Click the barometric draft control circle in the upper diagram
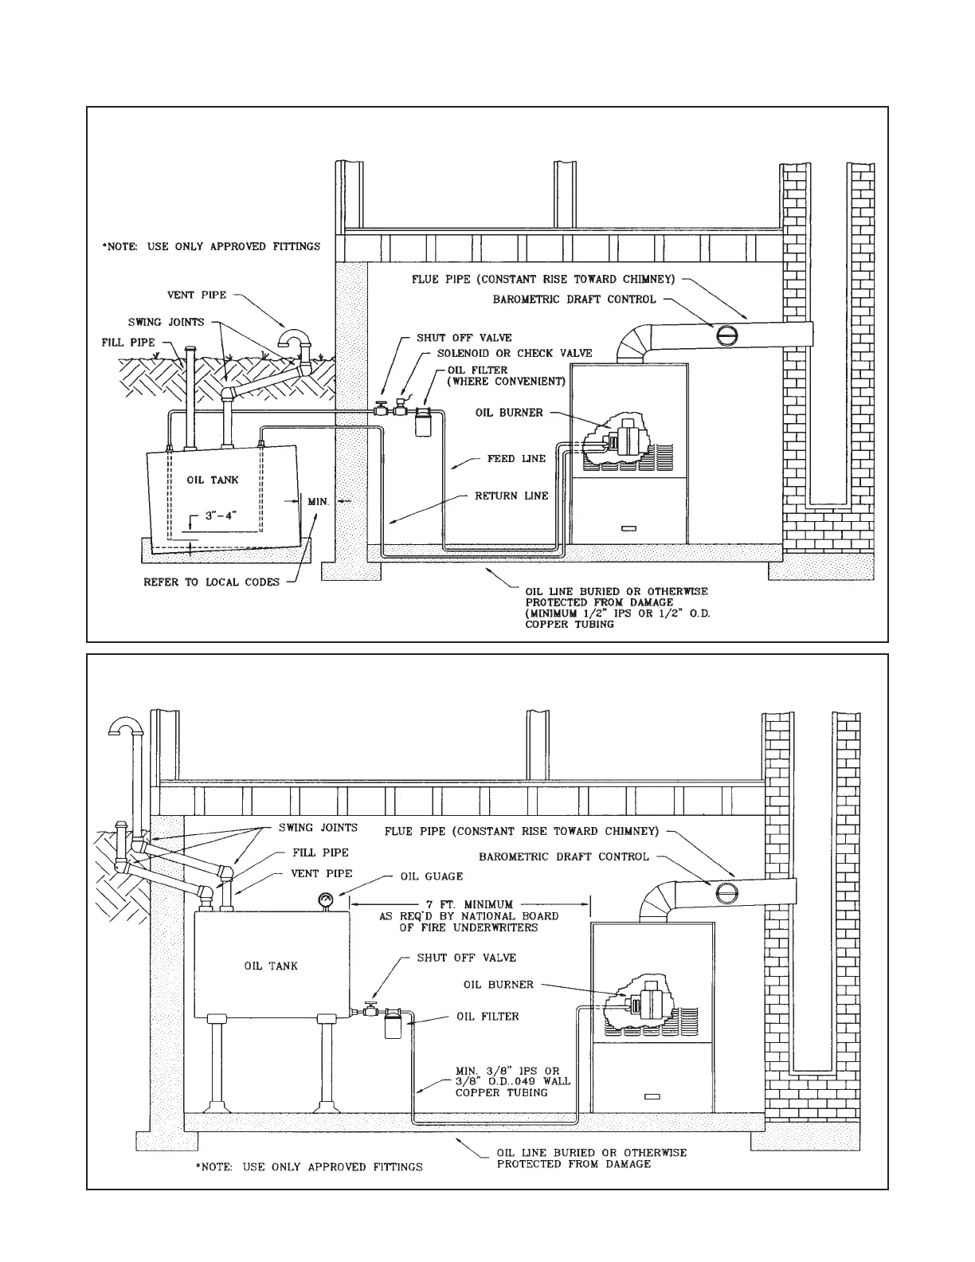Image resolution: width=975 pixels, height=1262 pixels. pos(725,334)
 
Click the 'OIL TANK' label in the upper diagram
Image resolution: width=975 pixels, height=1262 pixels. pos(213,480)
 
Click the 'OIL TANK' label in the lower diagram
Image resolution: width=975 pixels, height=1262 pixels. pos(271,966)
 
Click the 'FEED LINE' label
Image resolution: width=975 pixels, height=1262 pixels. pos(517,459)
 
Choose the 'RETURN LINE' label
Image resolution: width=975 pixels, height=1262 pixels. pos(511,496)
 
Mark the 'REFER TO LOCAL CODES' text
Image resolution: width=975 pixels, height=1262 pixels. pos(212,582)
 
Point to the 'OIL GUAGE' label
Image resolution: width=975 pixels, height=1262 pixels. pos(431,876)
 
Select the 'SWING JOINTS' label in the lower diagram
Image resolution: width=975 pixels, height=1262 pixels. pos(318,828)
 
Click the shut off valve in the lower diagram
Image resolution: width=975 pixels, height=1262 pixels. pos(370,1009)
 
